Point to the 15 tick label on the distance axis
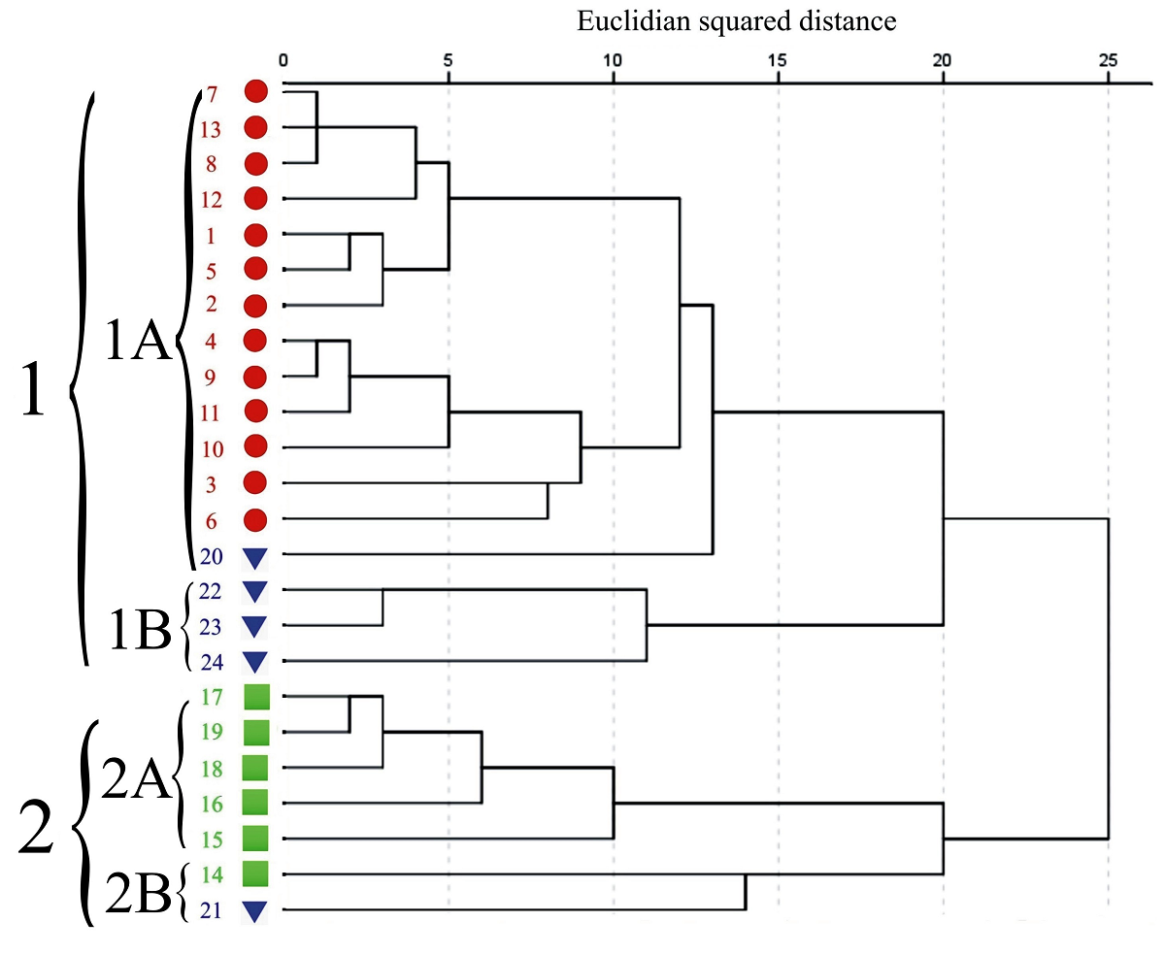point(778,60)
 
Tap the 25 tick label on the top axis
point(1108,60)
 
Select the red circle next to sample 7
point(256,92)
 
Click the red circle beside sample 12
point(256,199)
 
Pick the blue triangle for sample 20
point(255,558)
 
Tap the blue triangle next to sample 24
point(255,663)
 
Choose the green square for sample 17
point(255,697)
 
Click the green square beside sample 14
point(255,873)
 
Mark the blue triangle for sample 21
point(255,911)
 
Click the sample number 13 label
point(212,129)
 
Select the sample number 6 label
point(212,520)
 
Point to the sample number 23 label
point(211,626)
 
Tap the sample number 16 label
point(211,803)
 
